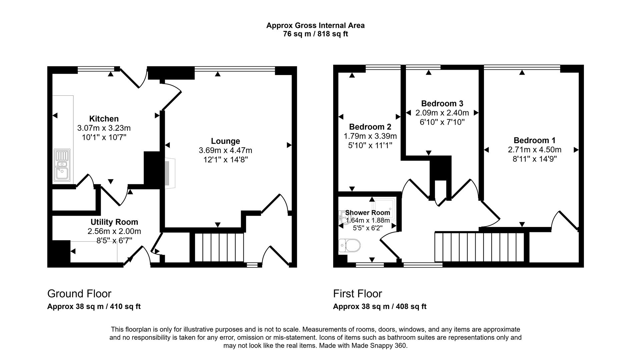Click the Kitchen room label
104,119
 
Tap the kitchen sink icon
62,165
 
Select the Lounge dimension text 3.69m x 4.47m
225,151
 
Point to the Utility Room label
114,222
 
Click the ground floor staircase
219,248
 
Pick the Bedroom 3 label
442,103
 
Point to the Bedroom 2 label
370,127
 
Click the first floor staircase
480,247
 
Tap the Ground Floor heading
79,294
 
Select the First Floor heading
358,294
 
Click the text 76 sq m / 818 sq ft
315,34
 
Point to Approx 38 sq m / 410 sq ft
94,307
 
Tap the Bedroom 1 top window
522,68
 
